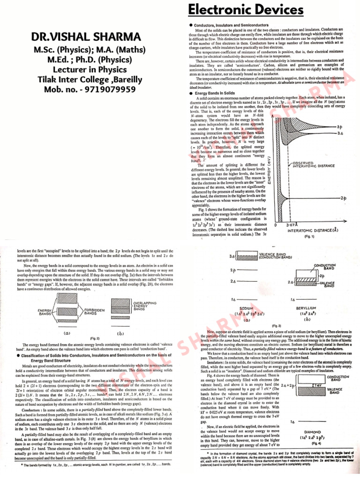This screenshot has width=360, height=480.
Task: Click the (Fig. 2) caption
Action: (x=96, y=337)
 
